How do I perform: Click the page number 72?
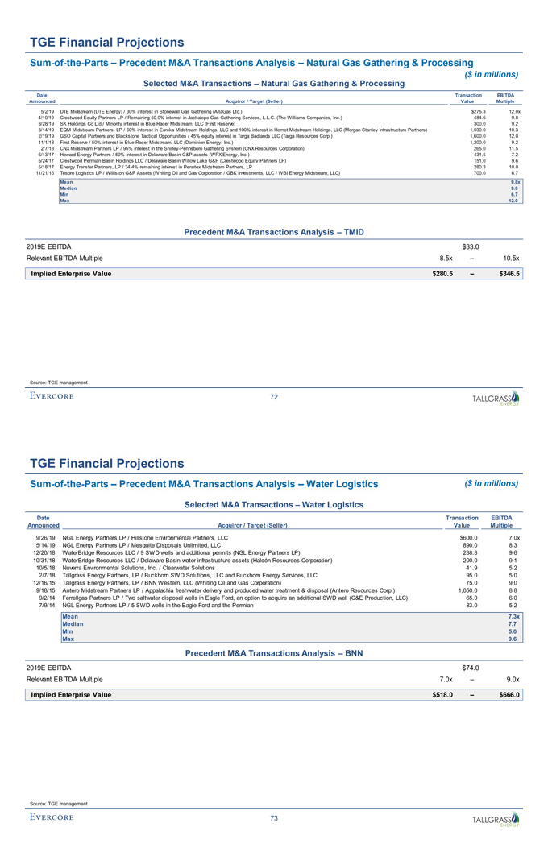coord(274,396)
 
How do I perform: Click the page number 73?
coord(274,818)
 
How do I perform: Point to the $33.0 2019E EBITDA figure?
coord(470,246)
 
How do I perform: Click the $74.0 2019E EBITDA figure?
coord(470,668)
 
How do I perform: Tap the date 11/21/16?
coord(45,173)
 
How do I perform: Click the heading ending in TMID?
coord(274,232)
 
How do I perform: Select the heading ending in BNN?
coord(274,654)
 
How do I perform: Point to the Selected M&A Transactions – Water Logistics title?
coord(274,504)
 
